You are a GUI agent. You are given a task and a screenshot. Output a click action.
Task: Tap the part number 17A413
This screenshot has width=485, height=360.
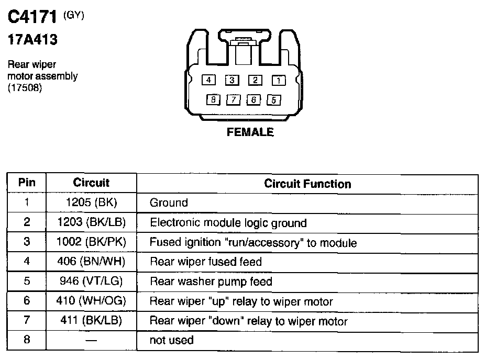pos(32,40)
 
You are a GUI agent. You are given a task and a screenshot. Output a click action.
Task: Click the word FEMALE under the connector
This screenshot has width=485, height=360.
pos(250,132)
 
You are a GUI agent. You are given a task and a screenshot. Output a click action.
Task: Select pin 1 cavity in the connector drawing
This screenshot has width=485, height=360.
pos(278,80)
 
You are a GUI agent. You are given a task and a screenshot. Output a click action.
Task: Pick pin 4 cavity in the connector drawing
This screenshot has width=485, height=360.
pos(208,80)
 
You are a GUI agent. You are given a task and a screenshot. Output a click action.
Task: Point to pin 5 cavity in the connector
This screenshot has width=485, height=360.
pos(274,99)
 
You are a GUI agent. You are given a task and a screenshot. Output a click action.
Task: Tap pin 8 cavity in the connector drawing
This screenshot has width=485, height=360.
pos(213,99)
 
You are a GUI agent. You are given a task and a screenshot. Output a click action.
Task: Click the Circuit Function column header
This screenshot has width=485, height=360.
pos(307,184)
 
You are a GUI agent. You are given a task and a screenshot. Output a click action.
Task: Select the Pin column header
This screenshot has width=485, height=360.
pos(27,183)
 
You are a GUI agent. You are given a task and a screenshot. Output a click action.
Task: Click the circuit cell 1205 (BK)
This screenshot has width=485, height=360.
pos(91,203)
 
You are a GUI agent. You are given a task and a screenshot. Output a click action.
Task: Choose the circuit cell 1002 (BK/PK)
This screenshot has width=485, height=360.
pos(91,242)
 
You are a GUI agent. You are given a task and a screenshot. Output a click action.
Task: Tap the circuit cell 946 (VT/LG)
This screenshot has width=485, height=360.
pos(91,282)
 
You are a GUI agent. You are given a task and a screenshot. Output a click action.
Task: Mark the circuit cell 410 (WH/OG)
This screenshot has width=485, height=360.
pos(91,301)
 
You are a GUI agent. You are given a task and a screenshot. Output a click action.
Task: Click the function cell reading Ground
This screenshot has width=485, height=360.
pos(169,203)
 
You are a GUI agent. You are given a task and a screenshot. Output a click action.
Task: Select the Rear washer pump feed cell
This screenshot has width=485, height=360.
pos(211,282)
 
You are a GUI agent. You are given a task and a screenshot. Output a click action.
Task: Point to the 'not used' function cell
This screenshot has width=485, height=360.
pos(172,340)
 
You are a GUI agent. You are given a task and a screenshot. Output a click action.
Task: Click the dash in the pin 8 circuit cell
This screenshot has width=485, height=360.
pos(91,341)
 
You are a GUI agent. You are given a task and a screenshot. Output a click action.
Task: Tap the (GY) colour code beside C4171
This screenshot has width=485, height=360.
pos(74,16)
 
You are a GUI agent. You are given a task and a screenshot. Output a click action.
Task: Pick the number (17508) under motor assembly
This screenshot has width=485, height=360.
pos(25,87)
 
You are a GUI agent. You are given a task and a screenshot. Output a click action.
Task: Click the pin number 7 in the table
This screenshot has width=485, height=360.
pos(27,320)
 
